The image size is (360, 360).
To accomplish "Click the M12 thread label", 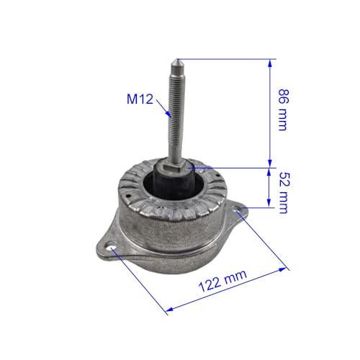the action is [x=140, y=99].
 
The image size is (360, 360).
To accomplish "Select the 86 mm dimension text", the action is [x=284, y=110].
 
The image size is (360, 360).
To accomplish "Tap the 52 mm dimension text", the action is [x=284, y=192].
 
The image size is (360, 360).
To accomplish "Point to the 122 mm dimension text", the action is [x=222, y=280].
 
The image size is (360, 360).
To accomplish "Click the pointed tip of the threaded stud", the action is [x=177, y=59].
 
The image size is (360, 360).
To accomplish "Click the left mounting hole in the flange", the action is [x=111, y=248].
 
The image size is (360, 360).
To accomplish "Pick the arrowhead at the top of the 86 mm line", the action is [x=270, y=63].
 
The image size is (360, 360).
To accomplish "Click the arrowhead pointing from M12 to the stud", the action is [x=168, y=114].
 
